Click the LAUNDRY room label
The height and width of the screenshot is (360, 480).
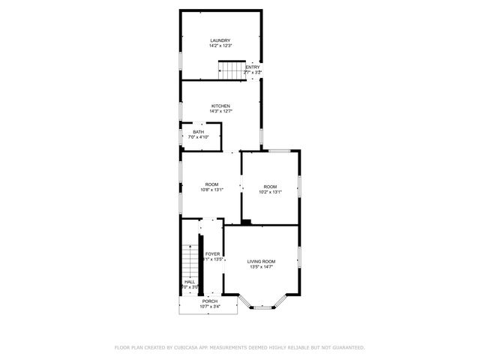[x=220, y=40]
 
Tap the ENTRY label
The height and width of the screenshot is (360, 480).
[x=253, y=67]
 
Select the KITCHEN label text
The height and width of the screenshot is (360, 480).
[x=220, y=106]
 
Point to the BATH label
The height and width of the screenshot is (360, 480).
[x=198, y=132]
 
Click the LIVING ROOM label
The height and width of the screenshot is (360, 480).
[x=262, y=261]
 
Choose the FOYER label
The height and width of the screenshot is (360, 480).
[x=213, y=254]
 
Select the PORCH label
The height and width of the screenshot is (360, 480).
[x=208, y=301]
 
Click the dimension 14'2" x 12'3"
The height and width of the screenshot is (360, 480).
[x=220, y=46]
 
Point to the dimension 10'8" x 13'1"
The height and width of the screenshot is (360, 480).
[x=212, y=190]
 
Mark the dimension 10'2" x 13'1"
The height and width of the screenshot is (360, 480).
[x=270, y=192]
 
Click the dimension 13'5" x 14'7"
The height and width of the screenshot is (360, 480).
[x=262, y=267]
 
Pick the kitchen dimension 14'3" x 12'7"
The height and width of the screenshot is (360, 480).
[x=220, y=112]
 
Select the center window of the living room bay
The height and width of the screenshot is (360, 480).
[x=262, y=307]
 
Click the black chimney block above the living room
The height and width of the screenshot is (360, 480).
[x=247, y=221]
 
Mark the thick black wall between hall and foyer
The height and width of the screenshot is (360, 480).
[x=201, y=266]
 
